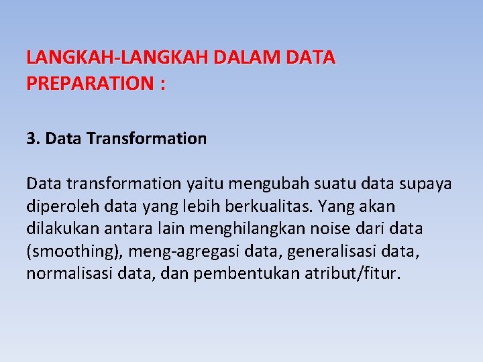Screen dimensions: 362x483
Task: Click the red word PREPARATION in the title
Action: (x=89, y=84)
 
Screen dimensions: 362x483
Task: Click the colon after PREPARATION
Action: (x=162, y=84)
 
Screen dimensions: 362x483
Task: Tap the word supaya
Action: (x=425, y=183)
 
